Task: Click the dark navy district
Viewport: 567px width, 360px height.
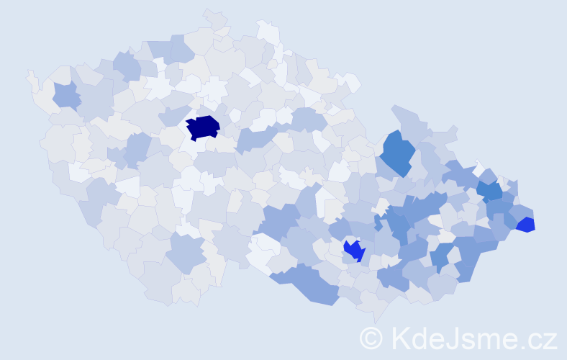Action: click(x=203, y=127)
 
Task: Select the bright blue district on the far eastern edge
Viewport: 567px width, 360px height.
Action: click(x=526, y=225)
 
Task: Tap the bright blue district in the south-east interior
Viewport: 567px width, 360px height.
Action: click(x=354, y=251)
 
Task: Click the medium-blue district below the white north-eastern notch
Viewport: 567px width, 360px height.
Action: click(x=489, y=190)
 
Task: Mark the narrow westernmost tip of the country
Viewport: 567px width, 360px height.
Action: click(x=30, y=73)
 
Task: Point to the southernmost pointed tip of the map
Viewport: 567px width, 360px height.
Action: click(x=376, y=319)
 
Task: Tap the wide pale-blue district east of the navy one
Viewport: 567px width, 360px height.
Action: click(x=256, y=138)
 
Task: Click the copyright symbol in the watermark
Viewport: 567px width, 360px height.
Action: click(x=371, y=338)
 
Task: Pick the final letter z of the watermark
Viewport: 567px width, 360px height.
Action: click(x=550, y=339)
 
